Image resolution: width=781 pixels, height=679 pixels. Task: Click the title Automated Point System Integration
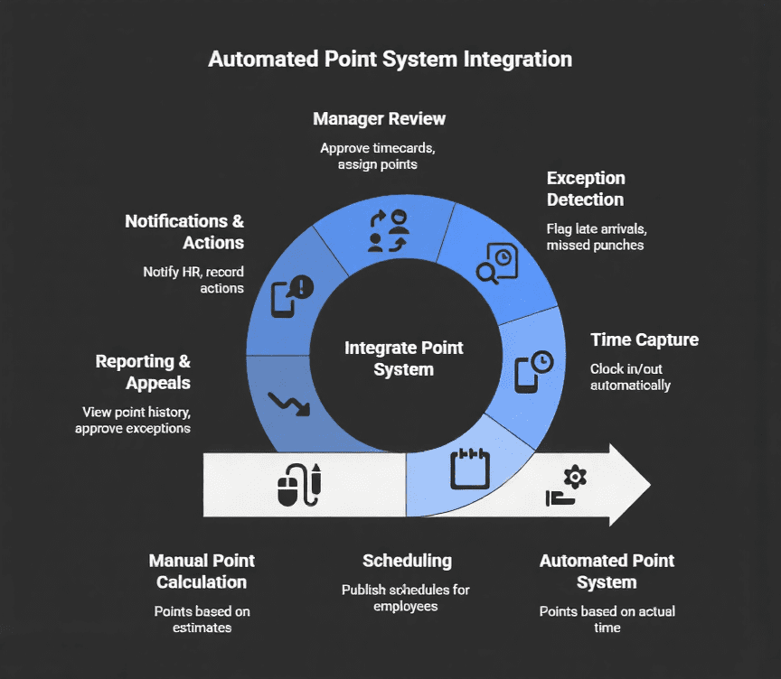390,60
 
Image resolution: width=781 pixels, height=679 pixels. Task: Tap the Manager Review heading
379,119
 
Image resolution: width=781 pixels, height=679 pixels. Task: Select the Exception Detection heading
585,189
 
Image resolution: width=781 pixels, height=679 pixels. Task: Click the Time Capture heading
644,340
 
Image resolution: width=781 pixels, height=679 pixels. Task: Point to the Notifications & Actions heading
184,232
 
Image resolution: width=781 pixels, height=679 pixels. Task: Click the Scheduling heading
407,561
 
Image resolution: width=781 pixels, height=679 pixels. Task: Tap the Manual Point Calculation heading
202,572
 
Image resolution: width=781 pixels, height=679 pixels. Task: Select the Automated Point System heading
607,572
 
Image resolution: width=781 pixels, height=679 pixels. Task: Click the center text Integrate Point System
403,358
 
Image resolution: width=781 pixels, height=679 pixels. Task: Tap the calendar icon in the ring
469,469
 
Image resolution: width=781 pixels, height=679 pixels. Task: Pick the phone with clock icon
533,371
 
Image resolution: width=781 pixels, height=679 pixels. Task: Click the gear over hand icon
567,486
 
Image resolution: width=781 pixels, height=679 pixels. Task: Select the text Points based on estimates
202,619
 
